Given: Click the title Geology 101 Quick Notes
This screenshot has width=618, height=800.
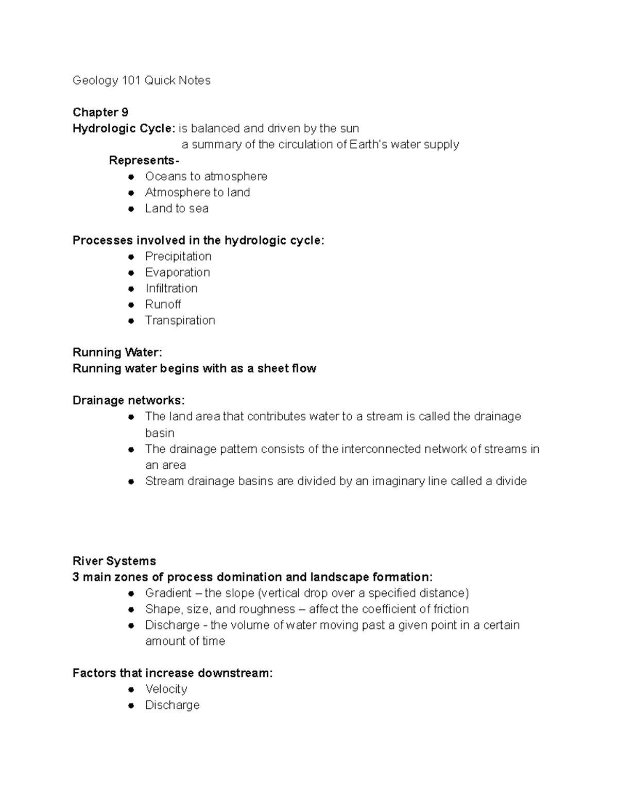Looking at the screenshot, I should [142, 80].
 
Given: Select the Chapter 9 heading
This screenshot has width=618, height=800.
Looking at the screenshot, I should [100, 112].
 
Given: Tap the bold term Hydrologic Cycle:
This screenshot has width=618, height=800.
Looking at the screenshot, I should [124, 128].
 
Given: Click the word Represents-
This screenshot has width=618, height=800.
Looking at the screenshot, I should [144, 160].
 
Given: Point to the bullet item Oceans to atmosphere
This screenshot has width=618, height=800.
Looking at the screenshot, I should [206, 176].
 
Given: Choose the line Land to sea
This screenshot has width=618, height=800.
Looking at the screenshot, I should [177, 208].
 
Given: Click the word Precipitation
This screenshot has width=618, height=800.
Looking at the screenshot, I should [178, 256].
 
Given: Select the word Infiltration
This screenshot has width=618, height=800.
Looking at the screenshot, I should [171, 288].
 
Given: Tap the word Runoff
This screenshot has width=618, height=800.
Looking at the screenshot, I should [163, 304].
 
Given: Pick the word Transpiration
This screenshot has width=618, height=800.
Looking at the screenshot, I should [180, 320].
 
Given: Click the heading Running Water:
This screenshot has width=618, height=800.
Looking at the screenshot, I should [117, 352].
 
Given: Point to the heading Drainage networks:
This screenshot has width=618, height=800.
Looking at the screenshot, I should [128, 400].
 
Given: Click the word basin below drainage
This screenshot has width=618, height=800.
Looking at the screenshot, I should [160, 433].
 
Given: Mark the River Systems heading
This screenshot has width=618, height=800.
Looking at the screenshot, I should [114, 560].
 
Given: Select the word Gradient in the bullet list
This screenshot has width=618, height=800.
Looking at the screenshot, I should [168, 593].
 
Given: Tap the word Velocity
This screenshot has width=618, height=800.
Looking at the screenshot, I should [166, 689].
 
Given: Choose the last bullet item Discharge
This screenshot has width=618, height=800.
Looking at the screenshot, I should [173, 705].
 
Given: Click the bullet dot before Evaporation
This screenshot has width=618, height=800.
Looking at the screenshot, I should [131, 273].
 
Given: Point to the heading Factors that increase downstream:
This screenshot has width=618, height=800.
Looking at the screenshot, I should [173, 673].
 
